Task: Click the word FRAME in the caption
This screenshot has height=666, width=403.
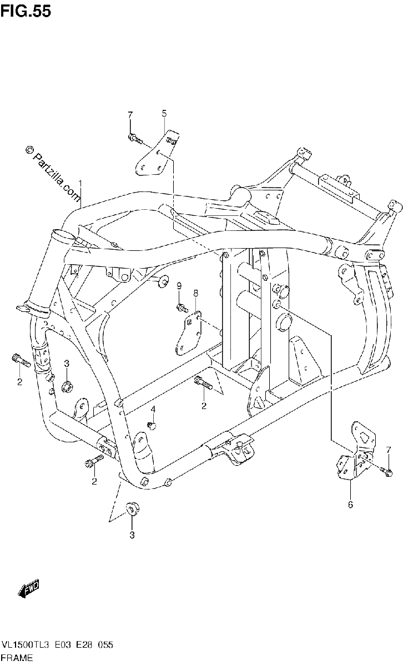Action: point(17,657)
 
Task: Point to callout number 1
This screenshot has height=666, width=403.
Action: point(80,183)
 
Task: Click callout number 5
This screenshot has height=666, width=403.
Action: point(164,113)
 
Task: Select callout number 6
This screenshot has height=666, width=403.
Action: point(350,504)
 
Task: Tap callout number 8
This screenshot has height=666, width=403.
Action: point(195,293)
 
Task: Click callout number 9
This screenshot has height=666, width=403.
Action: point(179,286)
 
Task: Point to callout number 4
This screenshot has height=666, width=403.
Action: point(153,410)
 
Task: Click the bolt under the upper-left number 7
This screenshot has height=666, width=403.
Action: point(135,139)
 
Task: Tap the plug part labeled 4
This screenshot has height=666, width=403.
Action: point(152,426)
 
